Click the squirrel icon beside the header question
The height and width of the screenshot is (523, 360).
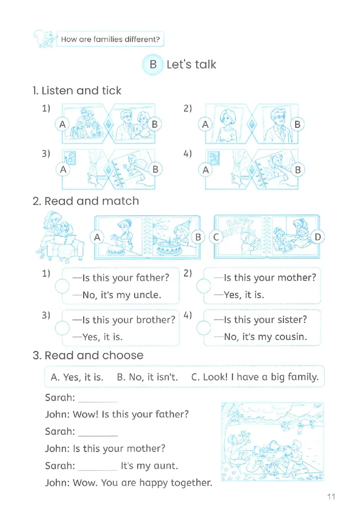pos(44,39)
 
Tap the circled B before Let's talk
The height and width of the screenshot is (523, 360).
pos(153,64)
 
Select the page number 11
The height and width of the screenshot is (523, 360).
pos(331,496)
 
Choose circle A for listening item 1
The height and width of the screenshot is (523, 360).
pos(63,124)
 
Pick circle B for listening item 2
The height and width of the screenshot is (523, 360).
pos(297,124)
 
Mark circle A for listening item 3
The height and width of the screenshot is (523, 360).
pos(63,169)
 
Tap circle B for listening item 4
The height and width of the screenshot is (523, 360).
pos(297,170)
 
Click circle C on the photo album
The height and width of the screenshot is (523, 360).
pos(216,237)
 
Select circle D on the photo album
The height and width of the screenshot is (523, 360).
pos(318,237)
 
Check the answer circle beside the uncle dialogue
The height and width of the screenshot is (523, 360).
pos(62,286)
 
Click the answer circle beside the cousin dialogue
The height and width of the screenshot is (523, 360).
pos(204,328)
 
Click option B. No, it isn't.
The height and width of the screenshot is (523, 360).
pos(147,377)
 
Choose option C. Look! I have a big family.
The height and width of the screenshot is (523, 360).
pos(255,377)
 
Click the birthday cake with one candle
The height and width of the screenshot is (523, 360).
pos(169,247)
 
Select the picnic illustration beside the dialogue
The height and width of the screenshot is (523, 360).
pos(272,442)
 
